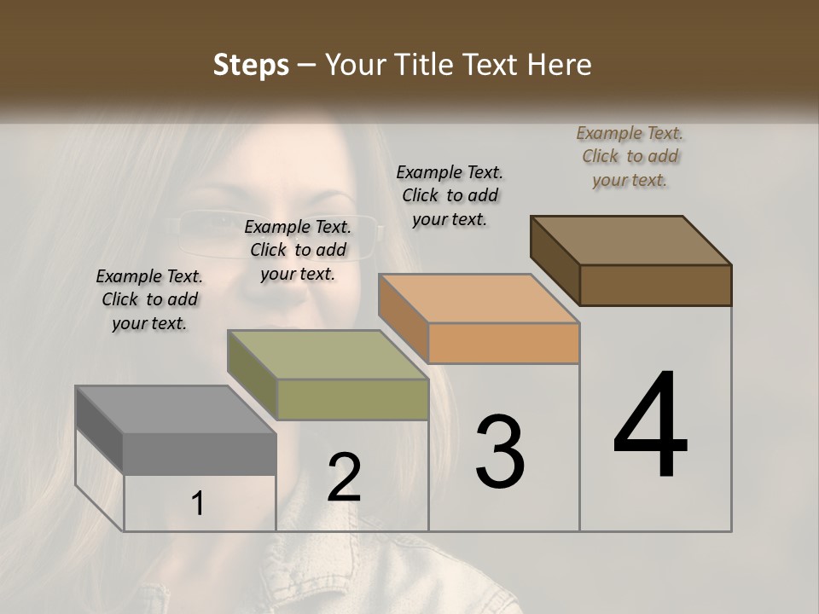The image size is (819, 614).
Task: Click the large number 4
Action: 650,426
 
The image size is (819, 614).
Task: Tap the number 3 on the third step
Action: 499,452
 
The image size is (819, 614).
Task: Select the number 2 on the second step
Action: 344,478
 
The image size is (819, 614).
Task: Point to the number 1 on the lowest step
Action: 197,504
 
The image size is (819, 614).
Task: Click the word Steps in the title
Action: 251,65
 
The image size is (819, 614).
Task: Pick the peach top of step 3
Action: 479,298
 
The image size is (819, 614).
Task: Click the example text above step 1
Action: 149,299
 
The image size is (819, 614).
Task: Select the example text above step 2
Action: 298,250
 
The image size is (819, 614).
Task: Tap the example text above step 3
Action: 450,195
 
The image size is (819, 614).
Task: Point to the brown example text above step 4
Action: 630,156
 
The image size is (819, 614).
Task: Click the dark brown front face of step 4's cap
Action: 655,285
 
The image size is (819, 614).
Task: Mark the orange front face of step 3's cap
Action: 503,344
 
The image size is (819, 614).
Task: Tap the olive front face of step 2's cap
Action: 352,399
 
